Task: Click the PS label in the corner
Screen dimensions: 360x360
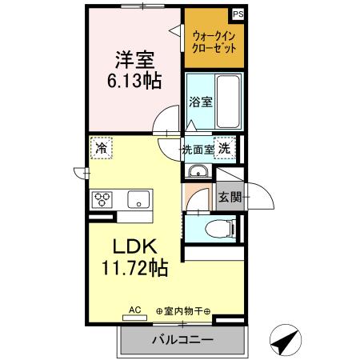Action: coord(238,14)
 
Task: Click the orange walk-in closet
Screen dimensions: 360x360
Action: coord(214,40)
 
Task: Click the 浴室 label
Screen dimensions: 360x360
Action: coord(200,102)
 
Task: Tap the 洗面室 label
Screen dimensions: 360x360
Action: coord(198,148)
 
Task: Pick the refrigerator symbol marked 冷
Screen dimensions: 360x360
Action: coord(101,148)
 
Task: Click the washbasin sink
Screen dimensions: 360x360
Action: coord(198,174)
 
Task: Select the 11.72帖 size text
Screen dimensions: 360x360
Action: coord(134,267)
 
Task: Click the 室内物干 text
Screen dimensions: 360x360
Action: coord(184,311)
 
